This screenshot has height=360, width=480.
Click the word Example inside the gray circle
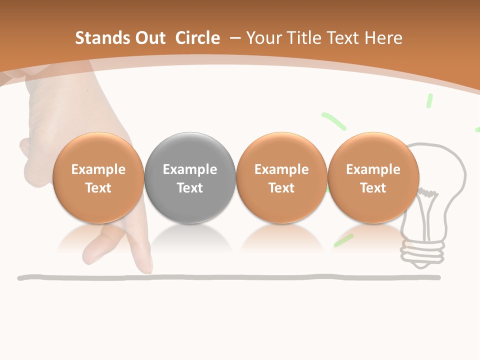tap(190, 169)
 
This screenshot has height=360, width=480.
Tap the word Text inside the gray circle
tap(190, 188)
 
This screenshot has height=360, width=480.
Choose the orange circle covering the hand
tap(98, 177)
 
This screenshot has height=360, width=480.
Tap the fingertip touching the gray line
tap(147, 270)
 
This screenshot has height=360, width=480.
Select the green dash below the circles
tap(343, 240)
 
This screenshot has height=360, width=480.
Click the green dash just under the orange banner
tap(429, 100)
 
